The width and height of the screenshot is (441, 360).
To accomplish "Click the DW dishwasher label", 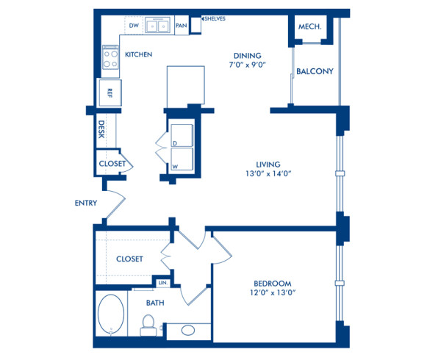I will pyautogui.click(x=134, y=26).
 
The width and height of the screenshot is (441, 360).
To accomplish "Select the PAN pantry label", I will pyautogui.click(x=180, y=26).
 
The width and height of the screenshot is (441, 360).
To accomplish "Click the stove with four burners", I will pyautogui.click(x=111, y=58).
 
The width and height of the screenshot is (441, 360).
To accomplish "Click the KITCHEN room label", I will pyautogui.click(x=138, y=55).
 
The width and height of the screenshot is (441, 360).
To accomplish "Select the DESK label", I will pyautogui.click(x=102, y=130).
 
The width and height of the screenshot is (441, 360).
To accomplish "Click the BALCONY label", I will pyautogui.click(x=315, y=71).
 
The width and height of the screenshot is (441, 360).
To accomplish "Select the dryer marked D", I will pyautogui.click(x=181, y=135).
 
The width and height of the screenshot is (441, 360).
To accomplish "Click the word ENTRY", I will pyautogui.click(x=86, y=204).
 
